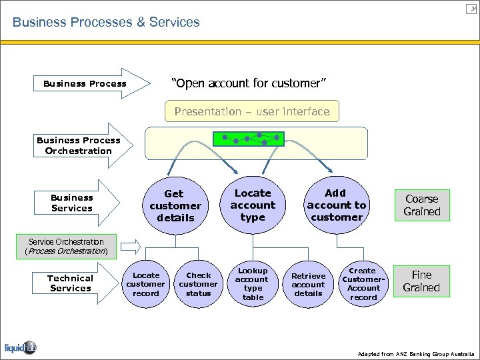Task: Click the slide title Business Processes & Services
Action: coord(106,22)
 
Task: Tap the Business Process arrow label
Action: coord(85,84)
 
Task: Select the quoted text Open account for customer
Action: coord(249,83)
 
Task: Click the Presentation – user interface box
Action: coord(252,111)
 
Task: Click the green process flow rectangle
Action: coord(249,139)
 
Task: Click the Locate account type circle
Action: coord(253,205)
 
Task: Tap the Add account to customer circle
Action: coord(336,205)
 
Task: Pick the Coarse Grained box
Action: coord(422,205)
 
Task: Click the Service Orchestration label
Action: coord(66,246)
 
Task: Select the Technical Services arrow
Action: coord(71,283)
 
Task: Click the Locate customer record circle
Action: coord(146,284)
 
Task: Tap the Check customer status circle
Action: coord(198,284)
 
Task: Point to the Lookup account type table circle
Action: coord(253,284)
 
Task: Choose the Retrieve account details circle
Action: coord(308,284)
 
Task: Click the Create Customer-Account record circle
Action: coord(363,284)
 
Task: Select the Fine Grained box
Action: coord(421,281)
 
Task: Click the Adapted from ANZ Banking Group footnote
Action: coord(416,353)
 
